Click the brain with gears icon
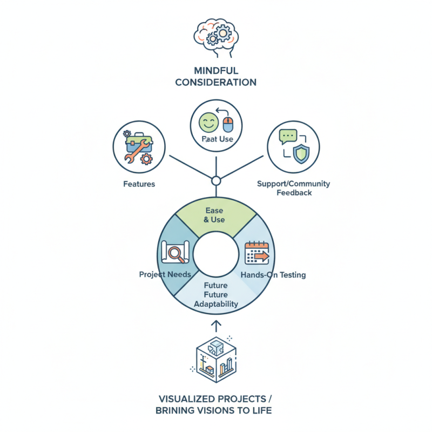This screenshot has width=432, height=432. tap(215, 36)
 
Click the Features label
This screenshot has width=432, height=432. tap(139, 184)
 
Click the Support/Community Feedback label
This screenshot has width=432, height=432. tap(294, 188)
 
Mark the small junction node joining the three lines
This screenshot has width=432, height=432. tap(215, 180)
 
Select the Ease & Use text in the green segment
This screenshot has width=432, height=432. tap(215, 215)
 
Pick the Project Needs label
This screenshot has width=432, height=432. tap(165, 274)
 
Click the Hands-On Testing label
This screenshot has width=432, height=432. tap(273, 275)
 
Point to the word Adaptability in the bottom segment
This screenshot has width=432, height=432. tap(215, 304)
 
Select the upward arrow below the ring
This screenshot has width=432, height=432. tap(215, 326)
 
